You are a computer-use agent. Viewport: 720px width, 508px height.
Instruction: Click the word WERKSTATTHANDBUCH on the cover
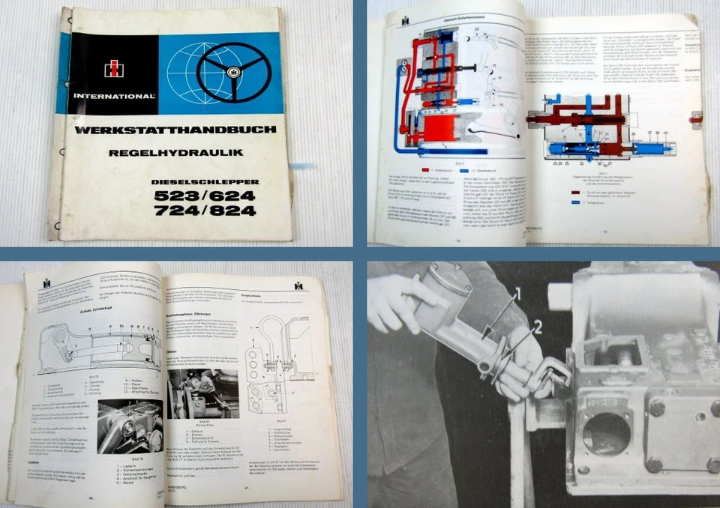tap(175, 130)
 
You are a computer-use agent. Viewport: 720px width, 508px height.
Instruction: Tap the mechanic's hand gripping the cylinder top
tap(397, 300)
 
